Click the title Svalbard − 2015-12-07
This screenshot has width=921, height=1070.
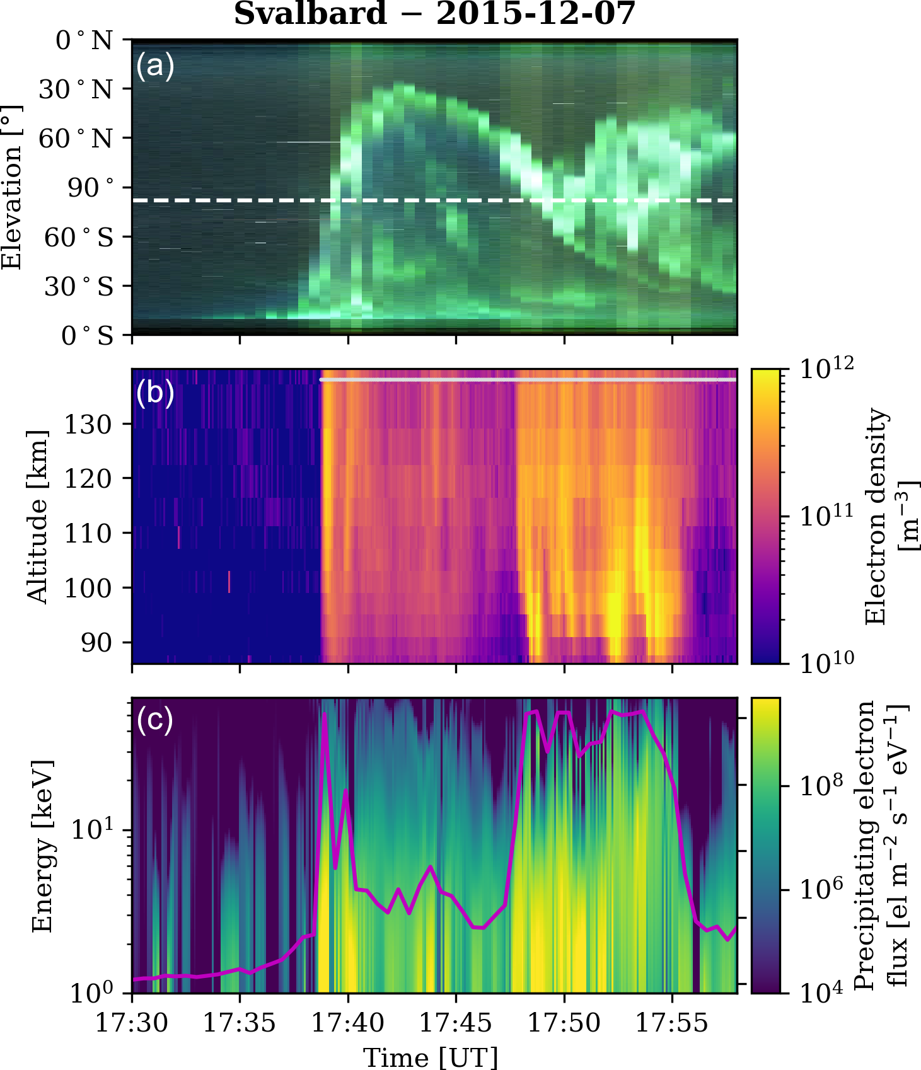(434, 14)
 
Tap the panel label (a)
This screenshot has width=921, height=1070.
(154, 66)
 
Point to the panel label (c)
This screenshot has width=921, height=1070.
(154, 720)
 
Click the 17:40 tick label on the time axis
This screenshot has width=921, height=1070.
(348, 1022)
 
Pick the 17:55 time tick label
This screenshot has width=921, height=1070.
(672, 1022)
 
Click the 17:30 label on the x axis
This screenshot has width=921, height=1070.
(132, 1022)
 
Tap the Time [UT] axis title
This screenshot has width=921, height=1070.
(431, 1057)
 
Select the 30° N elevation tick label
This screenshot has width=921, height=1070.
(76, 89)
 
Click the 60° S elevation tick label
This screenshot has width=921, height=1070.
(79, 238)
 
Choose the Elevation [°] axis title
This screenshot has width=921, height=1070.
(11, 187)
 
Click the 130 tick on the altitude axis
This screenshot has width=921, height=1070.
(88, 424)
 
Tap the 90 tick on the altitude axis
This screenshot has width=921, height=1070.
(96, 642)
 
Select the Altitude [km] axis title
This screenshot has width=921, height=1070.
(38, 517)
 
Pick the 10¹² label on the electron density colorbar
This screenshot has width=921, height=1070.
(826, 367)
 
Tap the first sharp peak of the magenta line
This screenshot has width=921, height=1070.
(325, 714)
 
